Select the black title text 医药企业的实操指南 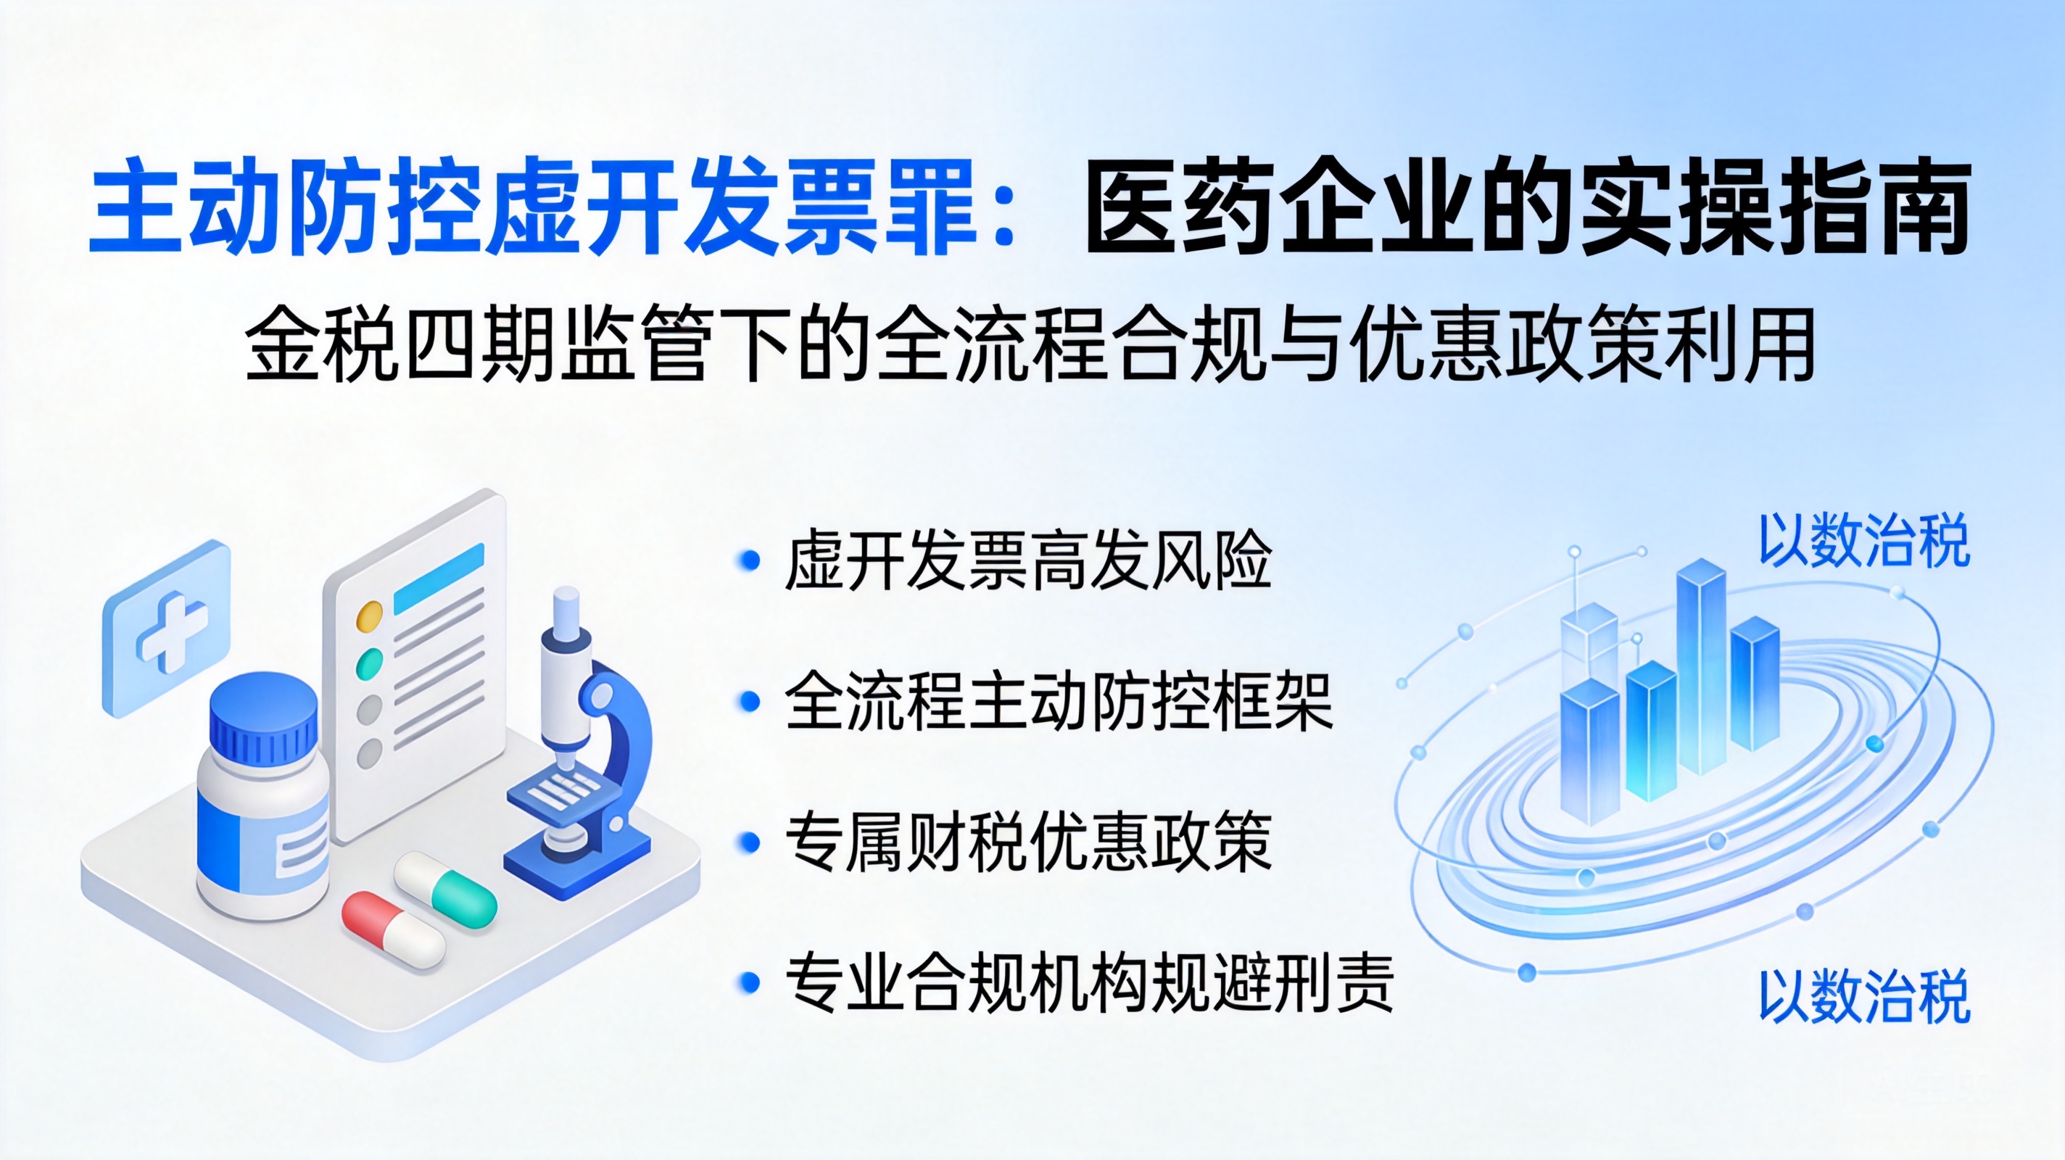point(1527,207)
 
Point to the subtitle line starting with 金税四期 point(1030,347)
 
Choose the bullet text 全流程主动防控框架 point(1059,700)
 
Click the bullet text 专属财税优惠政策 point(1027,842)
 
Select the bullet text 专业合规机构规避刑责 point(1089,983)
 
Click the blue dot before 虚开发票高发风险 point(749,560)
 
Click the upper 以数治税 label point(1863,541)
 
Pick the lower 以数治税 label point(1863,996)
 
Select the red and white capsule point(393,930)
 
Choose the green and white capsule point(446,890)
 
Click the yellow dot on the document point(369,616)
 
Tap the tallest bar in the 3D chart point(1701,667)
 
